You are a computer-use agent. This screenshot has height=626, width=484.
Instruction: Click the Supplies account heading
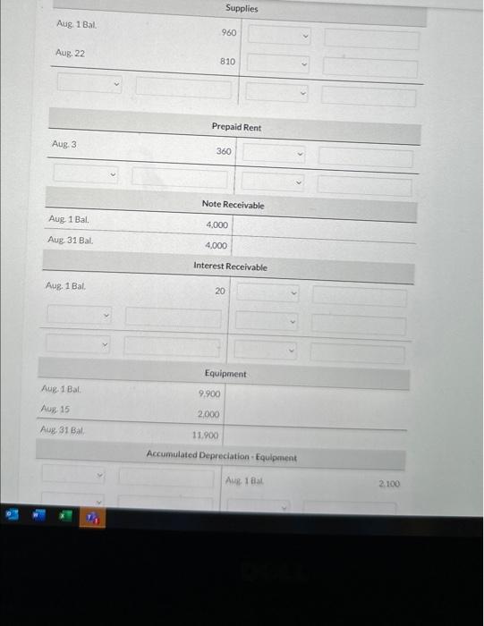coord(242,8)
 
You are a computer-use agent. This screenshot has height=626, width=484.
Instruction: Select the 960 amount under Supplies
coord(229,32)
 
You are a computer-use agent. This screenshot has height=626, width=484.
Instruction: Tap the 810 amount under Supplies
coord(228,62)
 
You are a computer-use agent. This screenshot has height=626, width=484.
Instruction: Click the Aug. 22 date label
coord(70,53)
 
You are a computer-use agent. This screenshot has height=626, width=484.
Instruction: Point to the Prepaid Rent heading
coord(236,127)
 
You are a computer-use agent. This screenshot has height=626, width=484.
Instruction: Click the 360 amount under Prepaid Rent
coord(224,151)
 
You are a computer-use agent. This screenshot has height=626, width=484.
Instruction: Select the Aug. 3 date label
coord(64,143)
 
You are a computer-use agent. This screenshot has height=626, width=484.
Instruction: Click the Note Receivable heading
coord(233,205)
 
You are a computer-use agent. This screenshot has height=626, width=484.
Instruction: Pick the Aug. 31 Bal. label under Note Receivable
coord(70,240)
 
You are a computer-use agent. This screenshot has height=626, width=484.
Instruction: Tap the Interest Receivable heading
coord(230,266)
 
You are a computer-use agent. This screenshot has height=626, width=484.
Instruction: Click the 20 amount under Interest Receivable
coord(220,291)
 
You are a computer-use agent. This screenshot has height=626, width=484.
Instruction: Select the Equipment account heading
coord(225,373)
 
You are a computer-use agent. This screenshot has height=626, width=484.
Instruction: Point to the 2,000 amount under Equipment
coord(208,415)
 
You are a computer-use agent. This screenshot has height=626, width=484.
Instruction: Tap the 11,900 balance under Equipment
coord(207,436)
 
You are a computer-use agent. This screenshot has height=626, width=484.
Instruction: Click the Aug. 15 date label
coord(56,409)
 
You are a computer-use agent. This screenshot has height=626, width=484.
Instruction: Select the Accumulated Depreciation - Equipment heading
coord(221,457)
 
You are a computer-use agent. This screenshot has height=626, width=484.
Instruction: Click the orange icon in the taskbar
coord(93,518)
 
